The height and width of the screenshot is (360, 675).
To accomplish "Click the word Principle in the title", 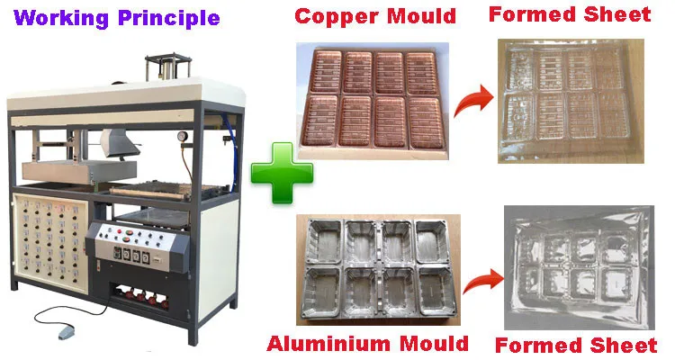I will click(x=172, y=16).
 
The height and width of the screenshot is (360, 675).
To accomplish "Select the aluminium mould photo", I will click(x=374, y=267).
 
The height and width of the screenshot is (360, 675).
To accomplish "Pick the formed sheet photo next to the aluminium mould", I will click(x=579, y=269).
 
